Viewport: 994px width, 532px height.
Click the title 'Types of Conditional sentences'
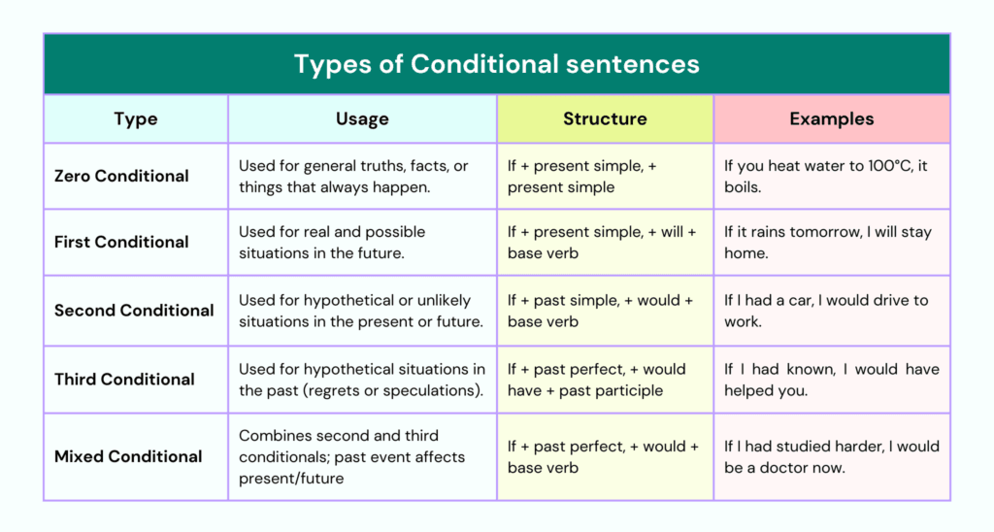click(496, 64)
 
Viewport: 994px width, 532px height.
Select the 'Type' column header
click(136, 118)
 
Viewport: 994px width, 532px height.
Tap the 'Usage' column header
click(362, 118)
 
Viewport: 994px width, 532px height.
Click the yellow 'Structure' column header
click(605, 118)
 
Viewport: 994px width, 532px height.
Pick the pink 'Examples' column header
click(831, 118)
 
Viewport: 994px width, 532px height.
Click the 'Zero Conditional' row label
click(121, 176)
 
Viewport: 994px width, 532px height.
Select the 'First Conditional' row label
click(121, 242)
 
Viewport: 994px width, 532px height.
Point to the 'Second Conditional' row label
click(134, 310)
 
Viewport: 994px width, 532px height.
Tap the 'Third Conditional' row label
click(124, 380)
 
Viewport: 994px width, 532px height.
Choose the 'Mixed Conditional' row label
click(128, 456)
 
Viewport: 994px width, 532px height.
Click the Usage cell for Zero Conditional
click(362, 177)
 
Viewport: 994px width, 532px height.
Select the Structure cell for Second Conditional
click(606, 311)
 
